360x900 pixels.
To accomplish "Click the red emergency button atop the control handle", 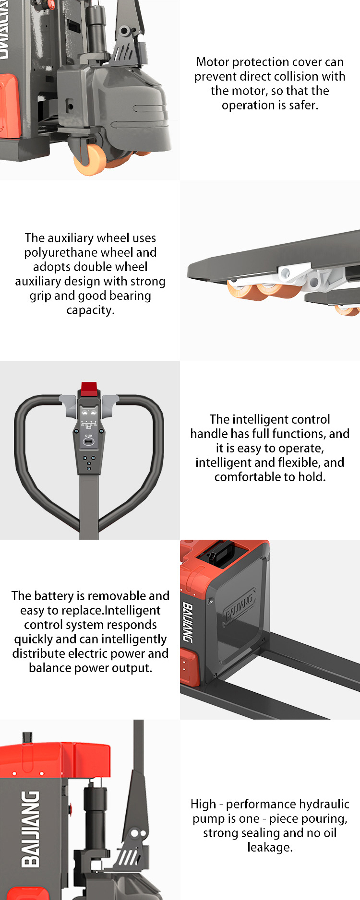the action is (89, 389).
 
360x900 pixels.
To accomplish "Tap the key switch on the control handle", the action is (89, 441).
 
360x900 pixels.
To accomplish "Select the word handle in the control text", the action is (205, 434).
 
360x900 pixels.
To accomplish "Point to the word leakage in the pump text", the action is (269, 847).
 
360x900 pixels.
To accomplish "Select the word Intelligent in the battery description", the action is (132, 610).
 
